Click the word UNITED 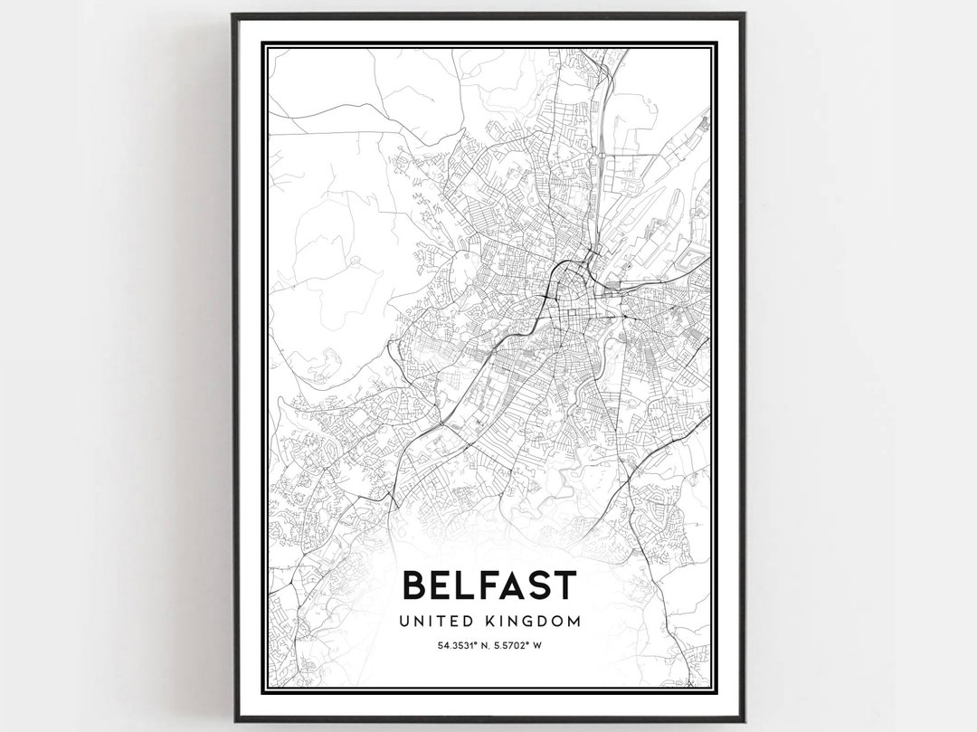pyautogui.click(x=432, y=622)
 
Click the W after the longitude pyautogui.click(x=536, y=645)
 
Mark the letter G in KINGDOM pyautogui.click(x=526, y=622)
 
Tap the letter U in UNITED pyautogui.click(x=403, y=622)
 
